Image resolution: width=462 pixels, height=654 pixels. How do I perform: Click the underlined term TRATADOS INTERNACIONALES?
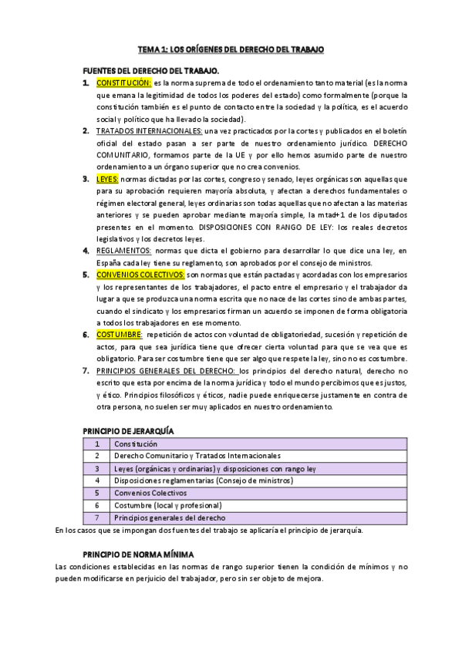(149, 131)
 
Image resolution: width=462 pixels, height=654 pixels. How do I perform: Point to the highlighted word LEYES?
(108, 179)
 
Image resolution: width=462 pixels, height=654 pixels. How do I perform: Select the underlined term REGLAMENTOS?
(124, 251)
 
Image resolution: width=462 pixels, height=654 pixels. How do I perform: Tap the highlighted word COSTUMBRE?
(119, 335)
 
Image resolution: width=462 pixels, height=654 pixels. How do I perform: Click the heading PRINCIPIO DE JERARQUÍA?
(128, 430)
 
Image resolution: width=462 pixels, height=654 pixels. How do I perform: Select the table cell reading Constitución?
(136, 444)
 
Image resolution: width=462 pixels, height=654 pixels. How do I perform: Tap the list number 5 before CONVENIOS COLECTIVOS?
(86, 275)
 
